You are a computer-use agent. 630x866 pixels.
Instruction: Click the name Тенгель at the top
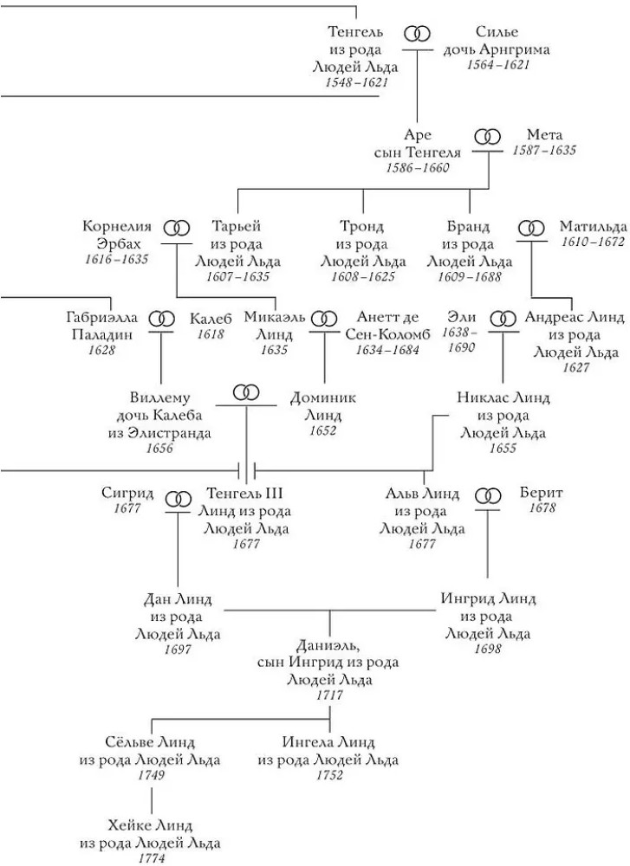pyautogui.click(x=355, y=32)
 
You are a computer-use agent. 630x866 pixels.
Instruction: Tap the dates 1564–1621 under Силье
pyautogui.click(x=498, y=65)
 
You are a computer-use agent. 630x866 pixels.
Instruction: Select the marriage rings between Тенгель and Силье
pyautogui.click(x=417, y=35)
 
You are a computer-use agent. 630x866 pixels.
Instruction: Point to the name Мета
pyautogui.click(x=544, y=134)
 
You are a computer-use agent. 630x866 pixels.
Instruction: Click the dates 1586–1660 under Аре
pyautogui.click(x=418, y=167)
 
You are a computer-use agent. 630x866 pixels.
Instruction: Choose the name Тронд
pyautogui.click(x=361, y=226)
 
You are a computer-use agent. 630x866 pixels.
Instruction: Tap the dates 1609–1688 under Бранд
pyautogui.click(x=469, y=276)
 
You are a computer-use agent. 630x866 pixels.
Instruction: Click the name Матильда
pyautogui.click(x=593, y=226)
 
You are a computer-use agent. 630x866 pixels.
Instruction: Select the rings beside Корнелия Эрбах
pyautogui.click(x=177, y=228)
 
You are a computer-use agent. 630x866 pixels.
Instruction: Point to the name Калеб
pyautogui.click(x=211, y=319)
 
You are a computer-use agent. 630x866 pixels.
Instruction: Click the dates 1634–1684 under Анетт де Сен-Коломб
pyautogui.click(x=387, y=350)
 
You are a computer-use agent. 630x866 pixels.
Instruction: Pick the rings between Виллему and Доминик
pyautogui.click(x=246, y=392)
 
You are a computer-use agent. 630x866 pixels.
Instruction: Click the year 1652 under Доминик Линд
pyautogui.click(x=322, y=430)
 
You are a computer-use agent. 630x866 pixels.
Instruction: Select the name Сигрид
pyautogui.click(x=127, y=493)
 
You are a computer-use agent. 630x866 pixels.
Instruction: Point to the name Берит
pyautogui.click(x=541, y=493)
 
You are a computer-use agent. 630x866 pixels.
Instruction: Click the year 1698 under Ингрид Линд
pyautogui.click(x=487, y=649)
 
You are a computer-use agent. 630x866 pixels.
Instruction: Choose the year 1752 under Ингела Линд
pyautogui.click(x=329, y=775)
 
